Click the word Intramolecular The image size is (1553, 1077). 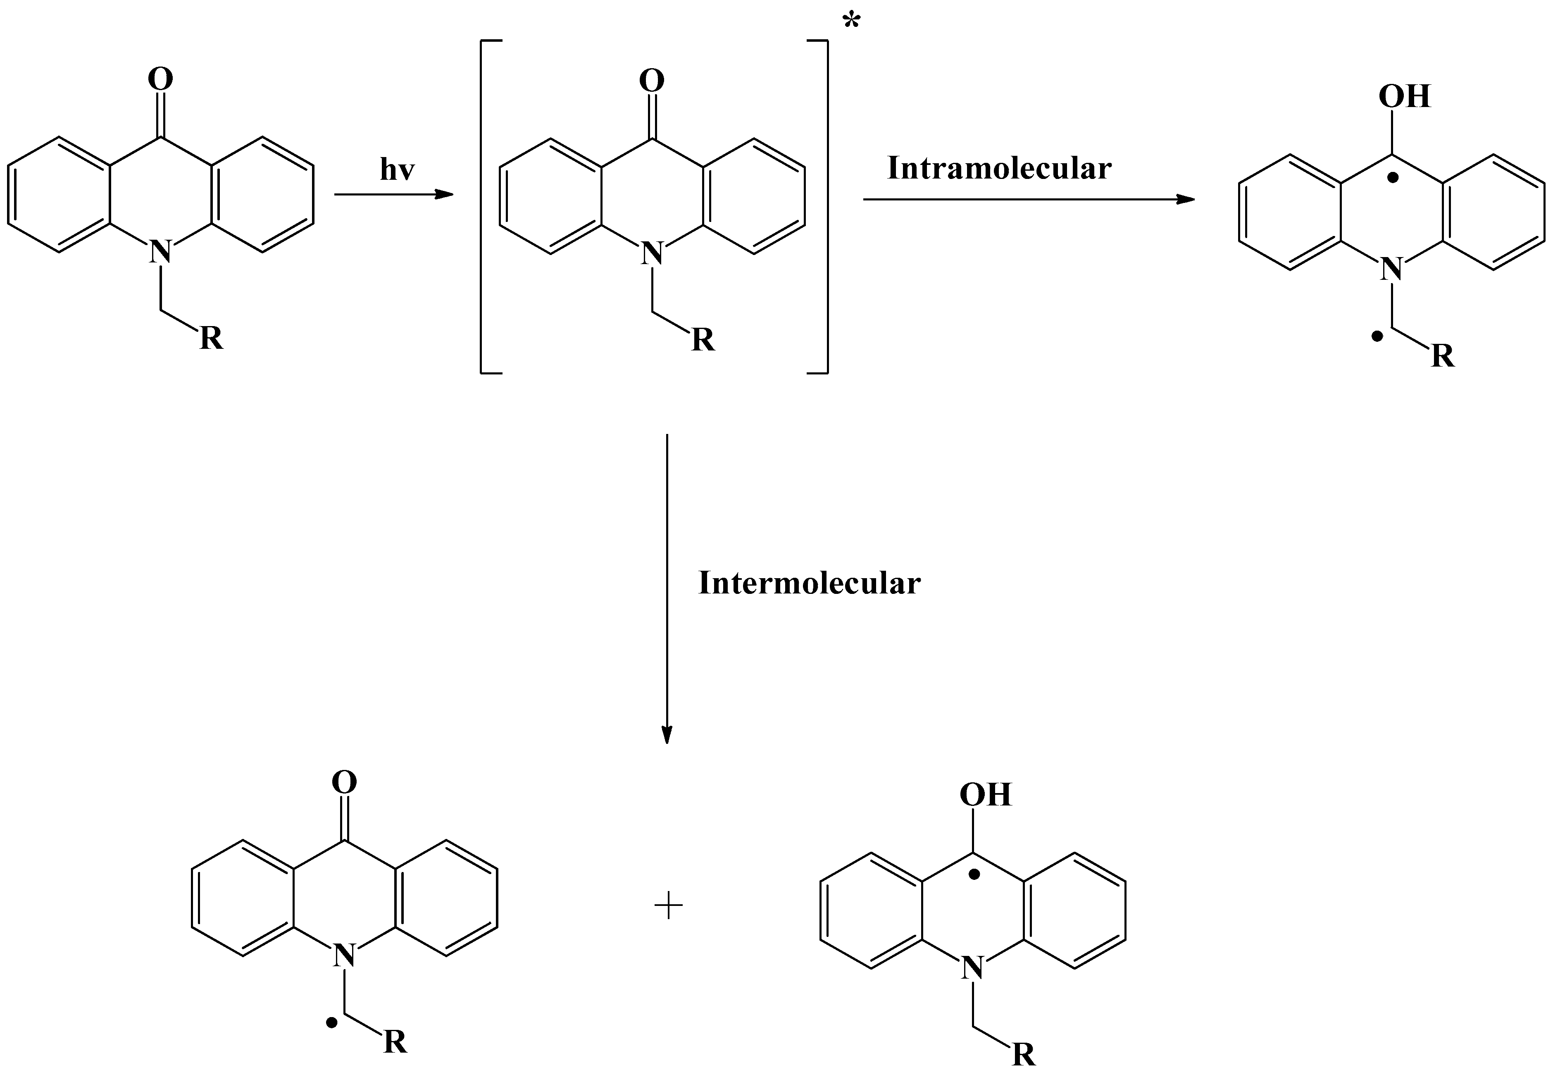coord(998,169)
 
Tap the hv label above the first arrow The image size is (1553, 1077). coord(397,170)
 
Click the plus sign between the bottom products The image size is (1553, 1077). coord(669,906)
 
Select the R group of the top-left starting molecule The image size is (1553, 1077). coord(211,339)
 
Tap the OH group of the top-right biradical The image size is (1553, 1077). coord(1404,96)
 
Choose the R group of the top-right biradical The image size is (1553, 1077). coord(1442,356)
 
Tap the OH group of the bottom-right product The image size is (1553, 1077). coord(985,795)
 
